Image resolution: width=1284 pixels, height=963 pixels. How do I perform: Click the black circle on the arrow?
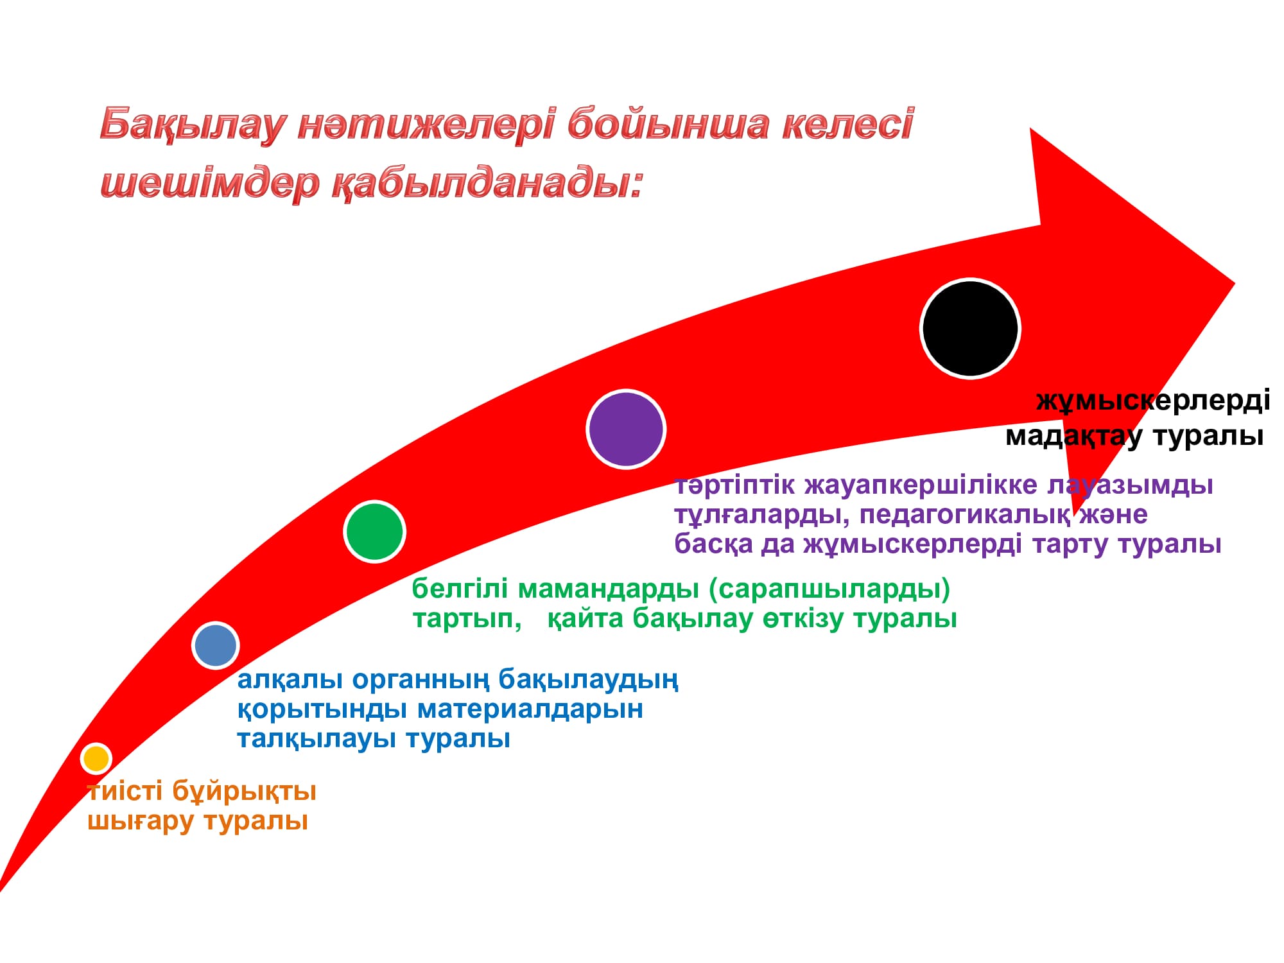970,328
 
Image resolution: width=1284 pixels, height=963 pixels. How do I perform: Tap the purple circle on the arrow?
626,429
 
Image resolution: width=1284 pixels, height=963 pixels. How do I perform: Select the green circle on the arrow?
374,532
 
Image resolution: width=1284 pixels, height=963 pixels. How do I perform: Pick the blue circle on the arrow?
216,645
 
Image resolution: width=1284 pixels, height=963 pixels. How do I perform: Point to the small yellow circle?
96,758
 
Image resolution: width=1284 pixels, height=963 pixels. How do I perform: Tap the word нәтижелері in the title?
426,123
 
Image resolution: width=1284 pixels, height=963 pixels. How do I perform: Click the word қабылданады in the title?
487,183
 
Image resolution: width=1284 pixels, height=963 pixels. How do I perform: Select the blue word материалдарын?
530,709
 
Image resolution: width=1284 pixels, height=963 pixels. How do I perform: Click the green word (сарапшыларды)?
830,589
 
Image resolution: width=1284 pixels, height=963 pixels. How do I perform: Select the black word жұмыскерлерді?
1153,401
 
